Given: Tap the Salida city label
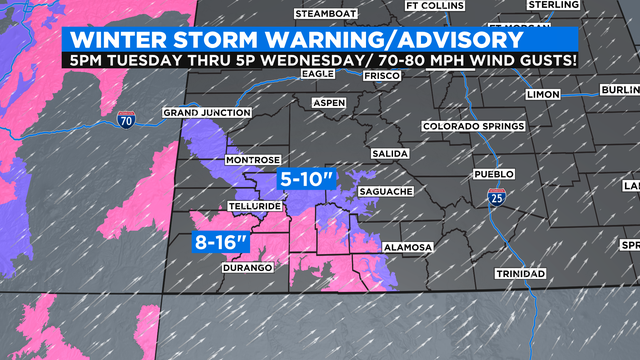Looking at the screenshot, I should tap(387, 153).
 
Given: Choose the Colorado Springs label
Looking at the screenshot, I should tap(473, 127).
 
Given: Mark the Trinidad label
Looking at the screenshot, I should tap(519, 273).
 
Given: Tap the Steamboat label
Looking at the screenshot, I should tap(326, 14).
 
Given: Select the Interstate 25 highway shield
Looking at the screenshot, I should tap(497, 198).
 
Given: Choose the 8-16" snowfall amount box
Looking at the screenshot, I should tap(222, 242).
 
